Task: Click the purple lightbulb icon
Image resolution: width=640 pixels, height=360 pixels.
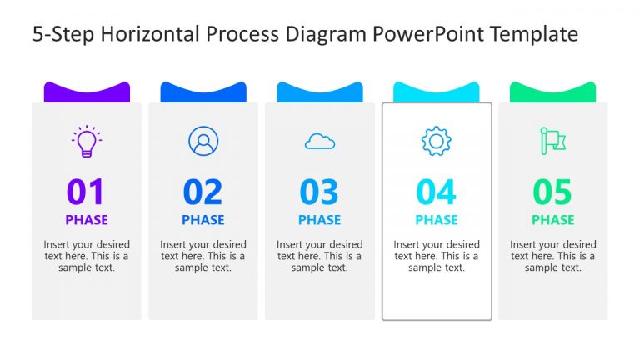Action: click(x=87, y=142)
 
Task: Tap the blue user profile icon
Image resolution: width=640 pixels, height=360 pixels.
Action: click(x=202, y=142)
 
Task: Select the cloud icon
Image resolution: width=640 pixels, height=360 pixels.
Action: click(x=320, y=142)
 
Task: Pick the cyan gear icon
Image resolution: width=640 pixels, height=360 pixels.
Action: click(x=436, y=142)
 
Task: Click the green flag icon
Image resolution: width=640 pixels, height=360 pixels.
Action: click(x=552, y=142)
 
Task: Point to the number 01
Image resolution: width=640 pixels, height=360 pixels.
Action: click(x=87, y=192)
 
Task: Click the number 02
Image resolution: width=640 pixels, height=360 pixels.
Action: click(x=203, y=192)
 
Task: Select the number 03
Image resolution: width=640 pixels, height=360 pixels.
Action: click(x=320, y=192)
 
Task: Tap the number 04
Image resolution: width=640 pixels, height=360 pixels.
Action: click(x=437, y=192)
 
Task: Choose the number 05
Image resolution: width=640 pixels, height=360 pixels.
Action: click(x=553, y=192)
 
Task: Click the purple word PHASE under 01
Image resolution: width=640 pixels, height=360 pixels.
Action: click(x=87, y=220)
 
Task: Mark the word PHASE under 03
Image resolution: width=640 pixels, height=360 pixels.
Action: click(x=320, y=220)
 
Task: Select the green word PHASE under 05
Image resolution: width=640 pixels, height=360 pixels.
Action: click(x=553, y=220)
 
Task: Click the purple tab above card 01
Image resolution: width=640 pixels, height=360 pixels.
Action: click(x=87, y=92)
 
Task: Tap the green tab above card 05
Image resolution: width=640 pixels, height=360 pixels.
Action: click(x=553, y=92)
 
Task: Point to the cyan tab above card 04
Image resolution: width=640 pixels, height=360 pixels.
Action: click(x=437, y=92)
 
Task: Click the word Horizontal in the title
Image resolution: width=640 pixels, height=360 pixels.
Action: click(x=147, y=34)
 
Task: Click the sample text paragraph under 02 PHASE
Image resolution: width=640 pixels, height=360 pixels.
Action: click(x=203, y=256)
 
